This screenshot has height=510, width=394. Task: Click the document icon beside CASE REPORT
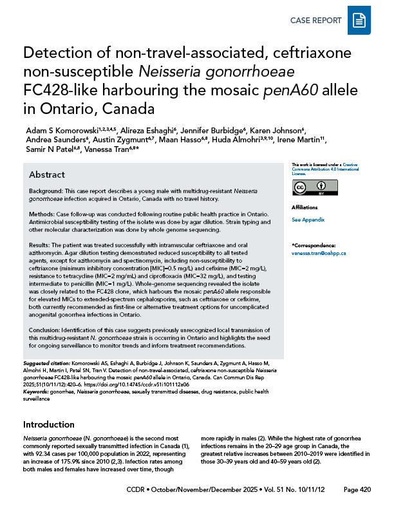pyautogui.click(x=359, y=21)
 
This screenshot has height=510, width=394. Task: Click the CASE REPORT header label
pyautogui.click(x=315, y=21)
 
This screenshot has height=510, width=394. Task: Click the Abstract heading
pyautogui.click(x=48, y=175)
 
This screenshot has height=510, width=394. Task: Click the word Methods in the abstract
pyautogui.click(x=41, y=216)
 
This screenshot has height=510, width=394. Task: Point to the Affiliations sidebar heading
pyautogui.click(x=305, y=208)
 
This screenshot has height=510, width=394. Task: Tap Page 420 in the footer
pyautogui.click(x=357, y=490)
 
